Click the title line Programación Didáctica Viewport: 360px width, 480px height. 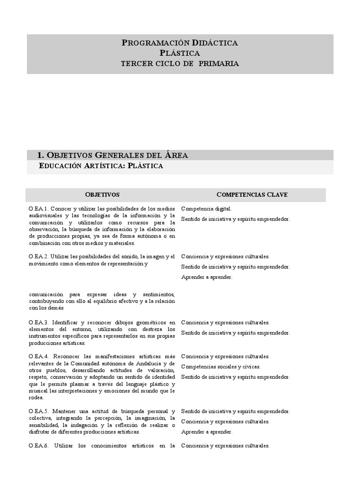tap(180, 43)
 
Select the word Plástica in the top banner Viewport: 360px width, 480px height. tap(180, 53)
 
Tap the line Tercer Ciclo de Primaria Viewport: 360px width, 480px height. tap(180, 63)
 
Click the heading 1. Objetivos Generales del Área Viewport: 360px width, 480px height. tap(112, 155)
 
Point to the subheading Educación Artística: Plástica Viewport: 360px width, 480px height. tap(101, 166)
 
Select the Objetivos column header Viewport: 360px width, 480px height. tap(102, 194)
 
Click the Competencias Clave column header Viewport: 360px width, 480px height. tap(252, 194)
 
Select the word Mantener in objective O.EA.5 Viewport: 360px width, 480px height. tap(66, 412)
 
